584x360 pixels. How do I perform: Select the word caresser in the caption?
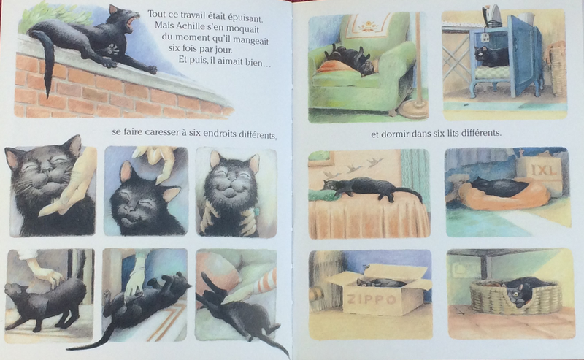(159, 132)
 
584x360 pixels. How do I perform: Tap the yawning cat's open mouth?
(131, 23)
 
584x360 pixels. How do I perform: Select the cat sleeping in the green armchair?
(350, 59)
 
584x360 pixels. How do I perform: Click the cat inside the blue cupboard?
(491, 56)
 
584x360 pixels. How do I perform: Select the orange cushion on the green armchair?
(334, 67)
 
